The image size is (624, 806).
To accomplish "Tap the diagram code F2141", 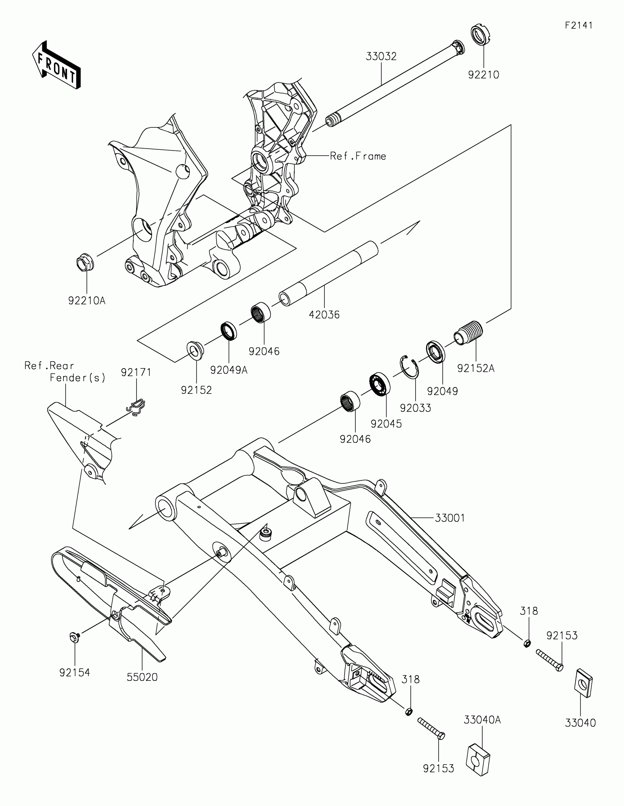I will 578,25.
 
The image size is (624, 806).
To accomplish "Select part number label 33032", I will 381,57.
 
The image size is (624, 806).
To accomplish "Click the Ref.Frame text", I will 358,156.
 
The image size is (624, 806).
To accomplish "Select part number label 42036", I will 324,315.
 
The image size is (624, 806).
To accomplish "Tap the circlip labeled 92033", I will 410,367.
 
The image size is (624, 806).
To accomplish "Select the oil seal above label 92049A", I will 229,331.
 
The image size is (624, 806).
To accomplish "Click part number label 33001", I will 450,518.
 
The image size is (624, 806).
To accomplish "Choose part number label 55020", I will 142,677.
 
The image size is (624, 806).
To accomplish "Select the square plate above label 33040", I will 583,683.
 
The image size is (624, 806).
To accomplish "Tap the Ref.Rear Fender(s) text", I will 65,372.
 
